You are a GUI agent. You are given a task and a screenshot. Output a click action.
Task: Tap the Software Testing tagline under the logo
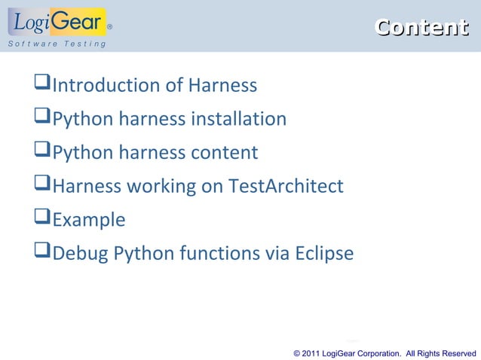(57, 44)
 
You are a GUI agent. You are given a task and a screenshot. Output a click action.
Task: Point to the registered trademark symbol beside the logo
(110, 26)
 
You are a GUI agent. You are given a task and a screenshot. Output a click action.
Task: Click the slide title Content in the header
(421, 28)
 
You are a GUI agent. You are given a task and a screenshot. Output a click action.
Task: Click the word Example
(89, 220)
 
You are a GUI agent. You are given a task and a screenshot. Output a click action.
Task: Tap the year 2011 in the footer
(311, 353)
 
